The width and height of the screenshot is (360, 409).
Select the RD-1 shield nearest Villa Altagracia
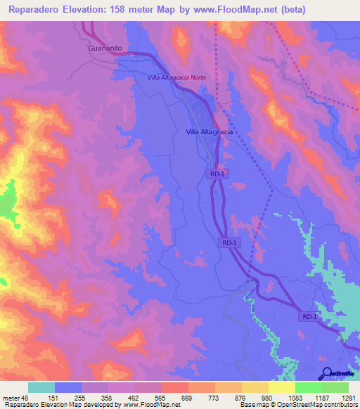tap(216, 173)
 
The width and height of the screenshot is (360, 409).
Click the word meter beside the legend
tap(10, 397)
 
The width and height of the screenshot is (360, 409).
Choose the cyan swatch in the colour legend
tap(41, 387)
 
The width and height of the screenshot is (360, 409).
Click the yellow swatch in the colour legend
tap(281, 387)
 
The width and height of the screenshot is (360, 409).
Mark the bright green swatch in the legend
tap(308, 387)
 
